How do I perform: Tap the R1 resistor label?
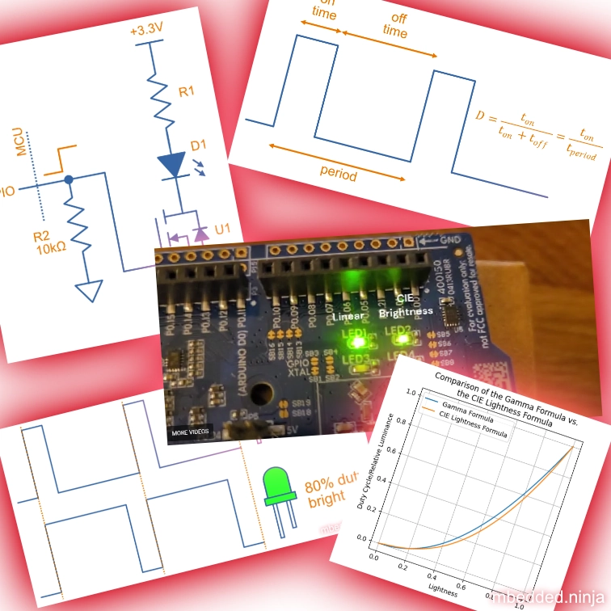click(x=186, y=92)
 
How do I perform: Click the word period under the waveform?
click(x=339, y=173)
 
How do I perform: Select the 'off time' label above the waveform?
click(x=394, y=23)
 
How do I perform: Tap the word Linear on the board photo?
click(x=350, y=316)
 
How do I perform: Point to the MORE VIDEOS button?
click(x=189, y=433)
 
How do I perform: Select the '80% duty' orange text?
click(x=328, y=488)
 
